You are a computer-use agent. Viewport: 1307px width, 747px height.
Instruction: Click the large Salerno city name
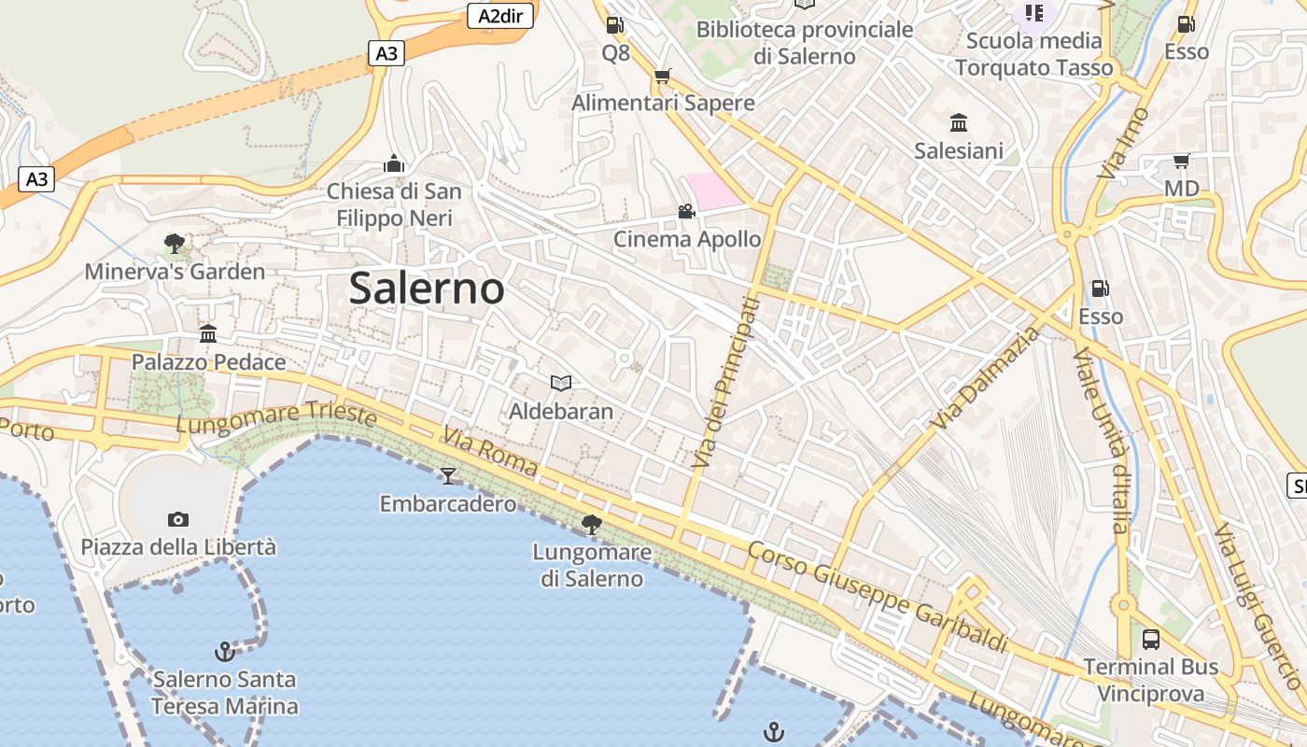point(427,289)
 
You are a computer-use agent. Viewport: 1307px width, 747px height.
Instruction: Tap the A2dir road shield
point(499,16)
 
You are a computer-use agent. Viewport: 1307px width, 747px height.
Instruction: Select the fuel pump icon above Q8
point(614,25)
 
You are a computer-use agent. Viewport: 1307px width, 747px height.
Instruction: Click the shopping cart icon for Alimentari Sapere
point(662,76)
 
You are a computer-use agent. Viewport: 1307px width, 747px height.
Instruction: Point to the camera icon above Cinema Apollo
point(686,211)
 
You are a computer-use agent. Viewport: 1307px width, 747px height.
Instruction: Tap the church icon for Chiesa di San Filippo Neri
point(394,164)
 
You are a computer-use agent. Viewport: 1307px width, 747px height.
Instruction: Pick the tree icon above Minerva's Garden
point(174,245)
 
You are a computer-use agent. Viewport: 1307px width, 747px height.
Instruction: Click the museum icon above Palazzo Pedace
point(208,334)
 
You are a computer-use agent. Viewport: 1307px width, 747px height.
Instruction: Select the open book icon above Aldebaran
point(560,383)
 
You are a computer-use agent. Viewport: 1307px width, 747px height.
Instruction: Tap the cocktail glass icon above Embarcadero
point(448,476)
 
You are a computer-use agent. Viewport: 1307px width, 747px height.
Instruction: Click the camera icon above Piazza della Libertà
point(177,519)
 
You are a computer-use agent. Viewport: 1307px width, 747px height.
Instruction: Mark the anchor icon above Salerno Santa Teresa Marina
point(224,651)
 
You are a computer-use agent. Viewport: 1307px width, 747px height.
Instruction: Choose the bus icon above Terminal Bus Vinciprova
point(1151,640)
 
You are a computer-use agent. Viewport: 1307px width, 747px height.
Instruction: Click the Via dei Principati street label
point(725,383)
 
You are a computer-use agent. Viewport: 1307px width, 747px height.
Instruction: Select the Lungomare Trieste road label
point(276,418)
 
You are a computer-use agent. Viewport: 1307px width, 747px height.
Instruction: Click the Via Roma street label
point(491,452)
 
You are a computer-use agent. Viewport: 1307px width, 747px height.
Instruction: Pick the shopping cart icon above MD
point(1181,162)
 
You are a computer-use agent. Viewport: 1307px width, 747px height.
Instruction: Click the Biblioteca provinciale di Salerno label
point(804,43)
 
